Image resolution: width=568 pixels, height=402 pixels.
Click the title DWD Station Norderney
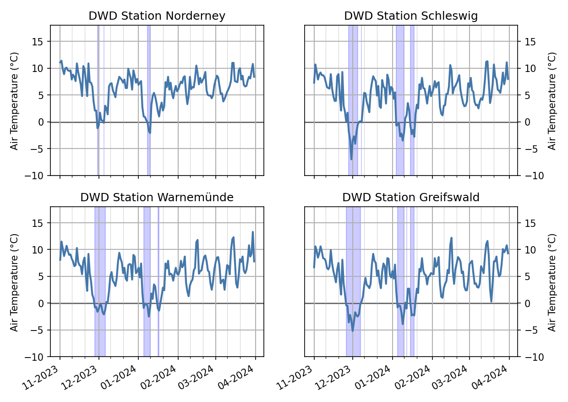click(x=157, y=16)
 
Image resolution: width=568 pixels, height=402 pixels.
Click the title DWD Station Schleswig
click(x=411, y=16)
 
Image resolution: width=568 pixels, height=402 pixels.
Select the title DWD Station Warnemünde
click(x=157, y=197)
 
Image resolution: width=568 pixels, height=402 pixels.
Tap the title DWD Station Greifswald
click(x=411, y=197)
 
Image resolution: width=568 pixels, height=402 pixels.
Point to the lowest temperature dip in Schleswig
click(x=351, y=159)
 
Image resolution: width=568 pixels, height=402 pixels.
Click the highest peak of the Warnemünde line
click(x=252, y=232)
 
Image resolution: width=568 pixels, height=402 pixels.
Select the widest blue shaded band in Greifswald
click(x=353, y=281)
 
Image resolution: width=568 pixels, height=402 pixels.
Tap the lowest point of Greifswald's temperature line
click(x=353, y=331)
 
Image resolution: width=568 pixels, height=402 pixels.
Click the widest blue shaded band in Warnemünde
click(x=100, y=281)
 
